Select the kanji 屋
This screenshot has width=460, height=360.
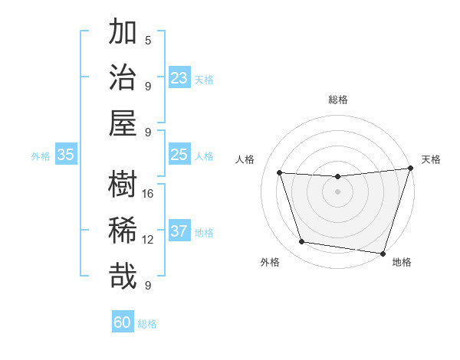click(x=123, y=123)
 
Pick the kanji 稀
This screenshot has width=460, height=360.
click(x=123, y=230)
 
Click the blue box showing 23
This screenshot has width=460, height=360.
click(x=179, y=78)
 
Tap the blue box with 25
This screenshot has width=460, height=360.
click(x=179, y=155)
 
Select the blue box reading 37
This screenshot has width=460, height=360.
click(x=179, y=231)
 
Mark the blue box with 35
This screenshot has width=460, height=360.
click(x=65, y=155)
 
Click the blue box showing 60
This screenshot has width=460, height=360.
click(x=122, y=322)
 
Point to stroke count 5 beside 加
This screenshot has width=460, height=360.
click(x=148, y=41)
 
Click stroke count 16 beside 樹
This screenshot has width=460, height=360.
click(x=148, y=193)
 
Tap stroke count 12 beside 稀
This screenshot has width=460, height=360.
click(x=148, y=239)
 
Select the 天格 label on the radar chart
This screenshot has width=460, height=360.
click(x=431, y=159)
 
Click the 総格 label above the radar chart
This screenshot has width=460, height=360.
click(x=337, y=100)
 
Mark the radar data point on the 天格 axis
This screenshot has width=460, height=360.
click(x=410, y=169)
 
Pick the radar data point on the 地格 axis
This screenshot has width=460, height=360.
click(x=383, y=253)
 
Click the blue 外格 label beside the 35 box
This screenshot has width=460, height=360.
click(x=41, y=156)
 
